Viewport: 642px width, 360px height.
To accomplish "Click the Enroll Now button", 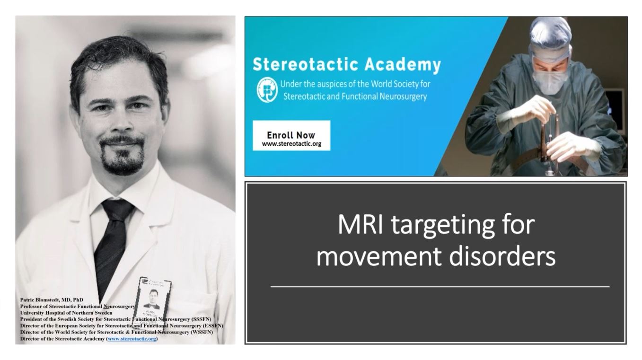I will point(291,135).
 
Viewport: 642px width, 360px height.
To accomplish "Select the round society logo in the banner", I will point(266,90).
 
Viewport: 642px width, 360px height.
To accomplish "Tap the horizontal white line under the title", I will point(440,286).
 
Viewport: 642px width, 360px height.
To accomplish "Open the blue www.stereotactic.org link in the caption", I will point(132,339).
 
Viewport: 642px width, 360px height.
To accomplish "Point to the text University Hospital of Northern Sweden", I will point(66,313).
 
